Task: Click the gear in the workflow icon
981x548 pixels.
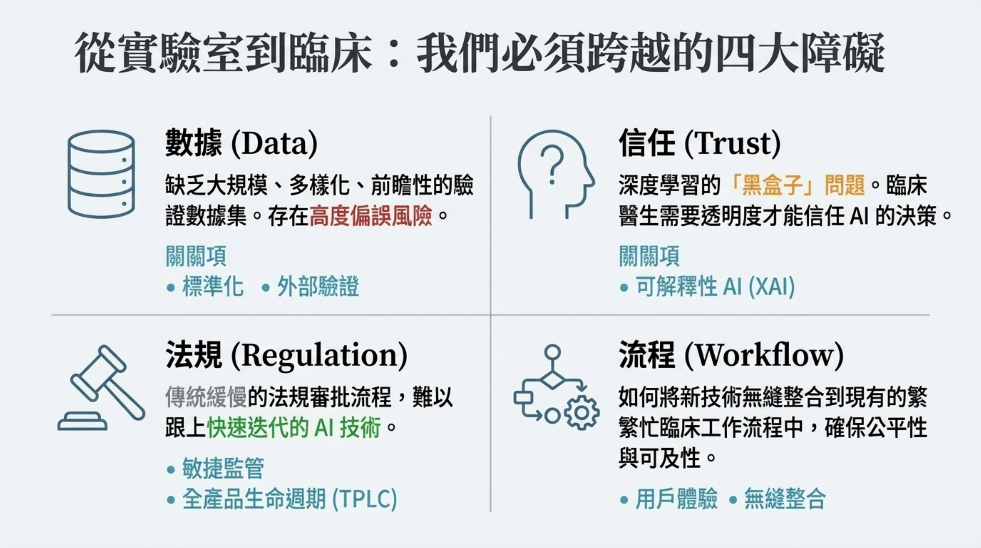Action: click(581, 413)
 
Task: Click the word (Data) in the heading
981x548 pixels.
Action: click(275, 144)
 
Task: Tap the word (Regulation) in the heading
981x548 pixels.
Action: click(319, 356)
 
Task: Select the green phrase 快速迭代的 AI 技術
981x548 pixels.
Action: click(294, 428)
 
